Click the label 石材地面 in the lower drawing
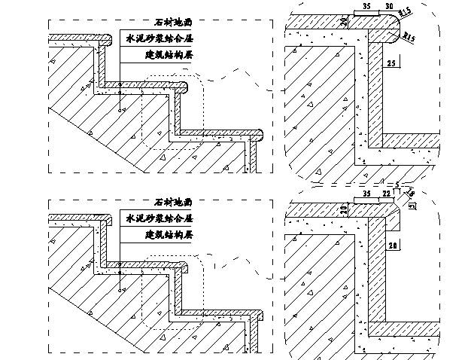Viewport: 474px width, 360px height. (172, 202)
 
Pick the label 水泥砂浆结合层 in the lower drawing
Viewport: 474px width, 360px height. (158, 218)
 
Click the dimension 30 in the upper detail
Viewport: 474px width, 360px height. (389, 6)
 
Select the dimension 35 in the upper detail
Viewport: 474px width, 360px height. (366, 6)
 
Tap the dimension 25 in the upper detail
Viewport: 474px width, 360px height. (390, 64)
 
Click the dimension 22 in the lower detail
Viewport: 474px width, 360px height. (386, 194)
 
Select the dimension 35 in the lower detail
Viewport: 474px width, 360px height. (366, 194)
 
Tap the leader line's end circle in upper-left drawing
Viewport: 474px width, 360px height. (121, 110)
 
